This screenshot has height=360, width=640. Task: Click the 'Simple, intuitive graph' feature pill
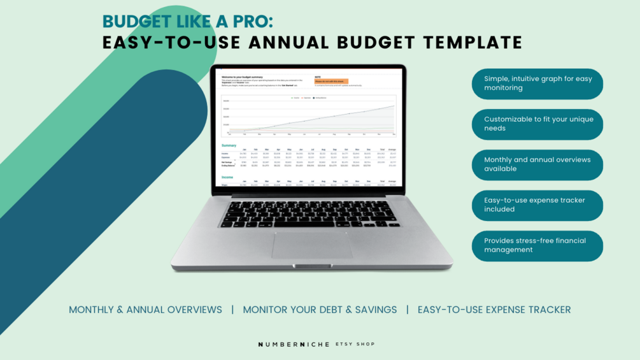coord(538,83)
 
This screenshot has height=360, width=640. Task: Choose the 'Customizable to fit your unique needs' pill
coord(538,124)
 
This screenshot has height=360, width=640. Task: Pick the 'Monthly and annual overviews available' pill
coord(538,164)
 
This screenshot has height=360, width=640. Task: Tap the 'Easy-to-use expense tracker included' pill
coord(538,205)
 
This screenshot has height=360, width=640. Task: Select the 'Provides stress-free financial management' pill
coord(538,245)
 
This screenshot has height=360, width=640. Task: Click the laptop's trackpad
coord(312,245)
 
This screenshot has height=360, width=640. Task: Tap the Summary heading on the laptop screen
coord(229,145)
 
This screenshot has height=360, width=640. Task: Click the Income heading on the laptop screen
coord(228,178)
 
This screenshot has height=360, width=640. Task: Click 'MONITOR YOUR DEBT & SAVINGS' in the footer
coord(320,310)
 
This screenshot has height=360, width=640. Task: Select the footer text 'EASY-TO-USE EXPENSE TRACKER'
coord(494,310)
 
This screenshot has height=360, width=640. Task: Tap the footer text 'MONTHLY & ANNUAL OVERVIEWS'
coord(145,310)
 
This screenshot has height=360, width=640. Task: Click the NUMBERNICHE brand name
coord(294,344)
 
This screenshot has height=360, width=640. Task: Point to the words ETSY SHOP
coord(355,344)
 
